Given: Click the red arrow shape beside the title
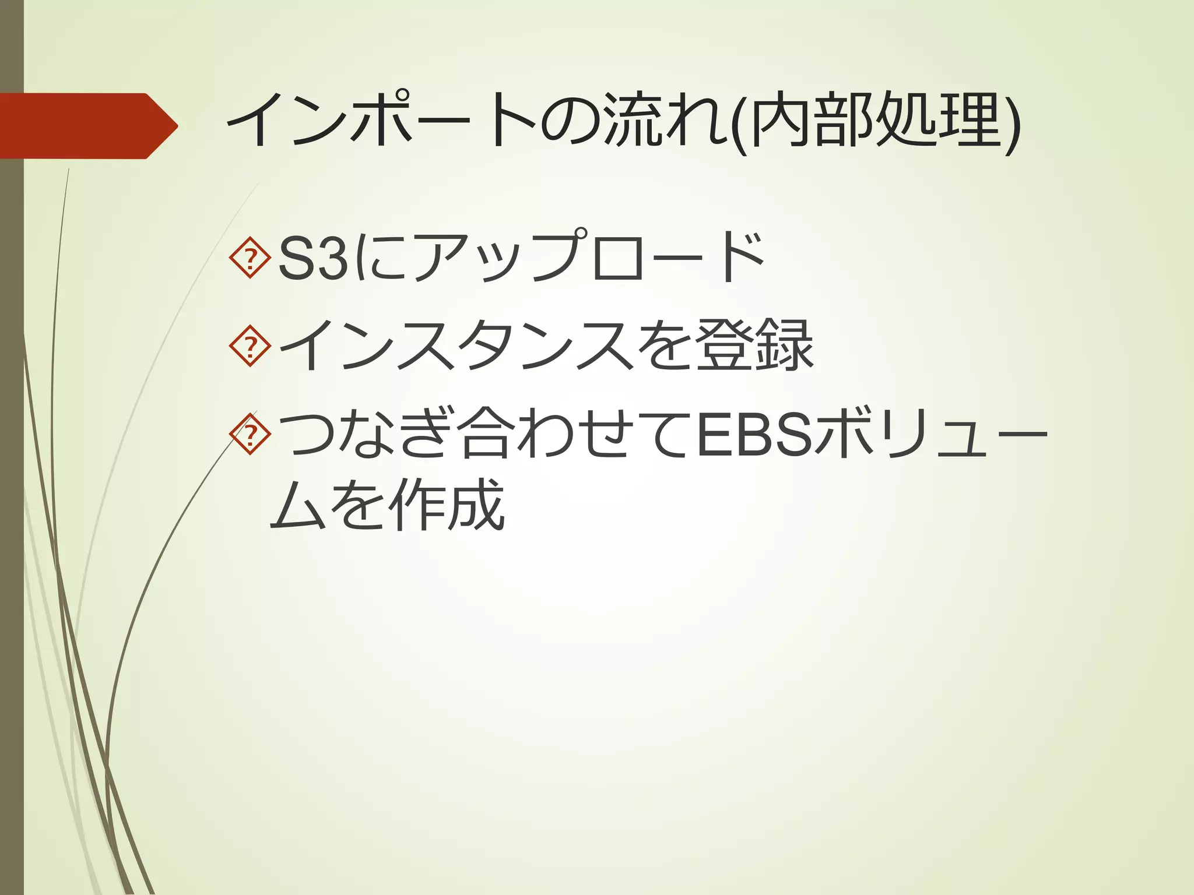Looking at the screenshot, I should tap(87, 126).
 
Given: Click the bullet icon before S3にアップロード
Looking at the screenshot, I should tap(250, 256).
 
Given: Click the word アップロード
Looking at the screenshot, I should tap(589, 256).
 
